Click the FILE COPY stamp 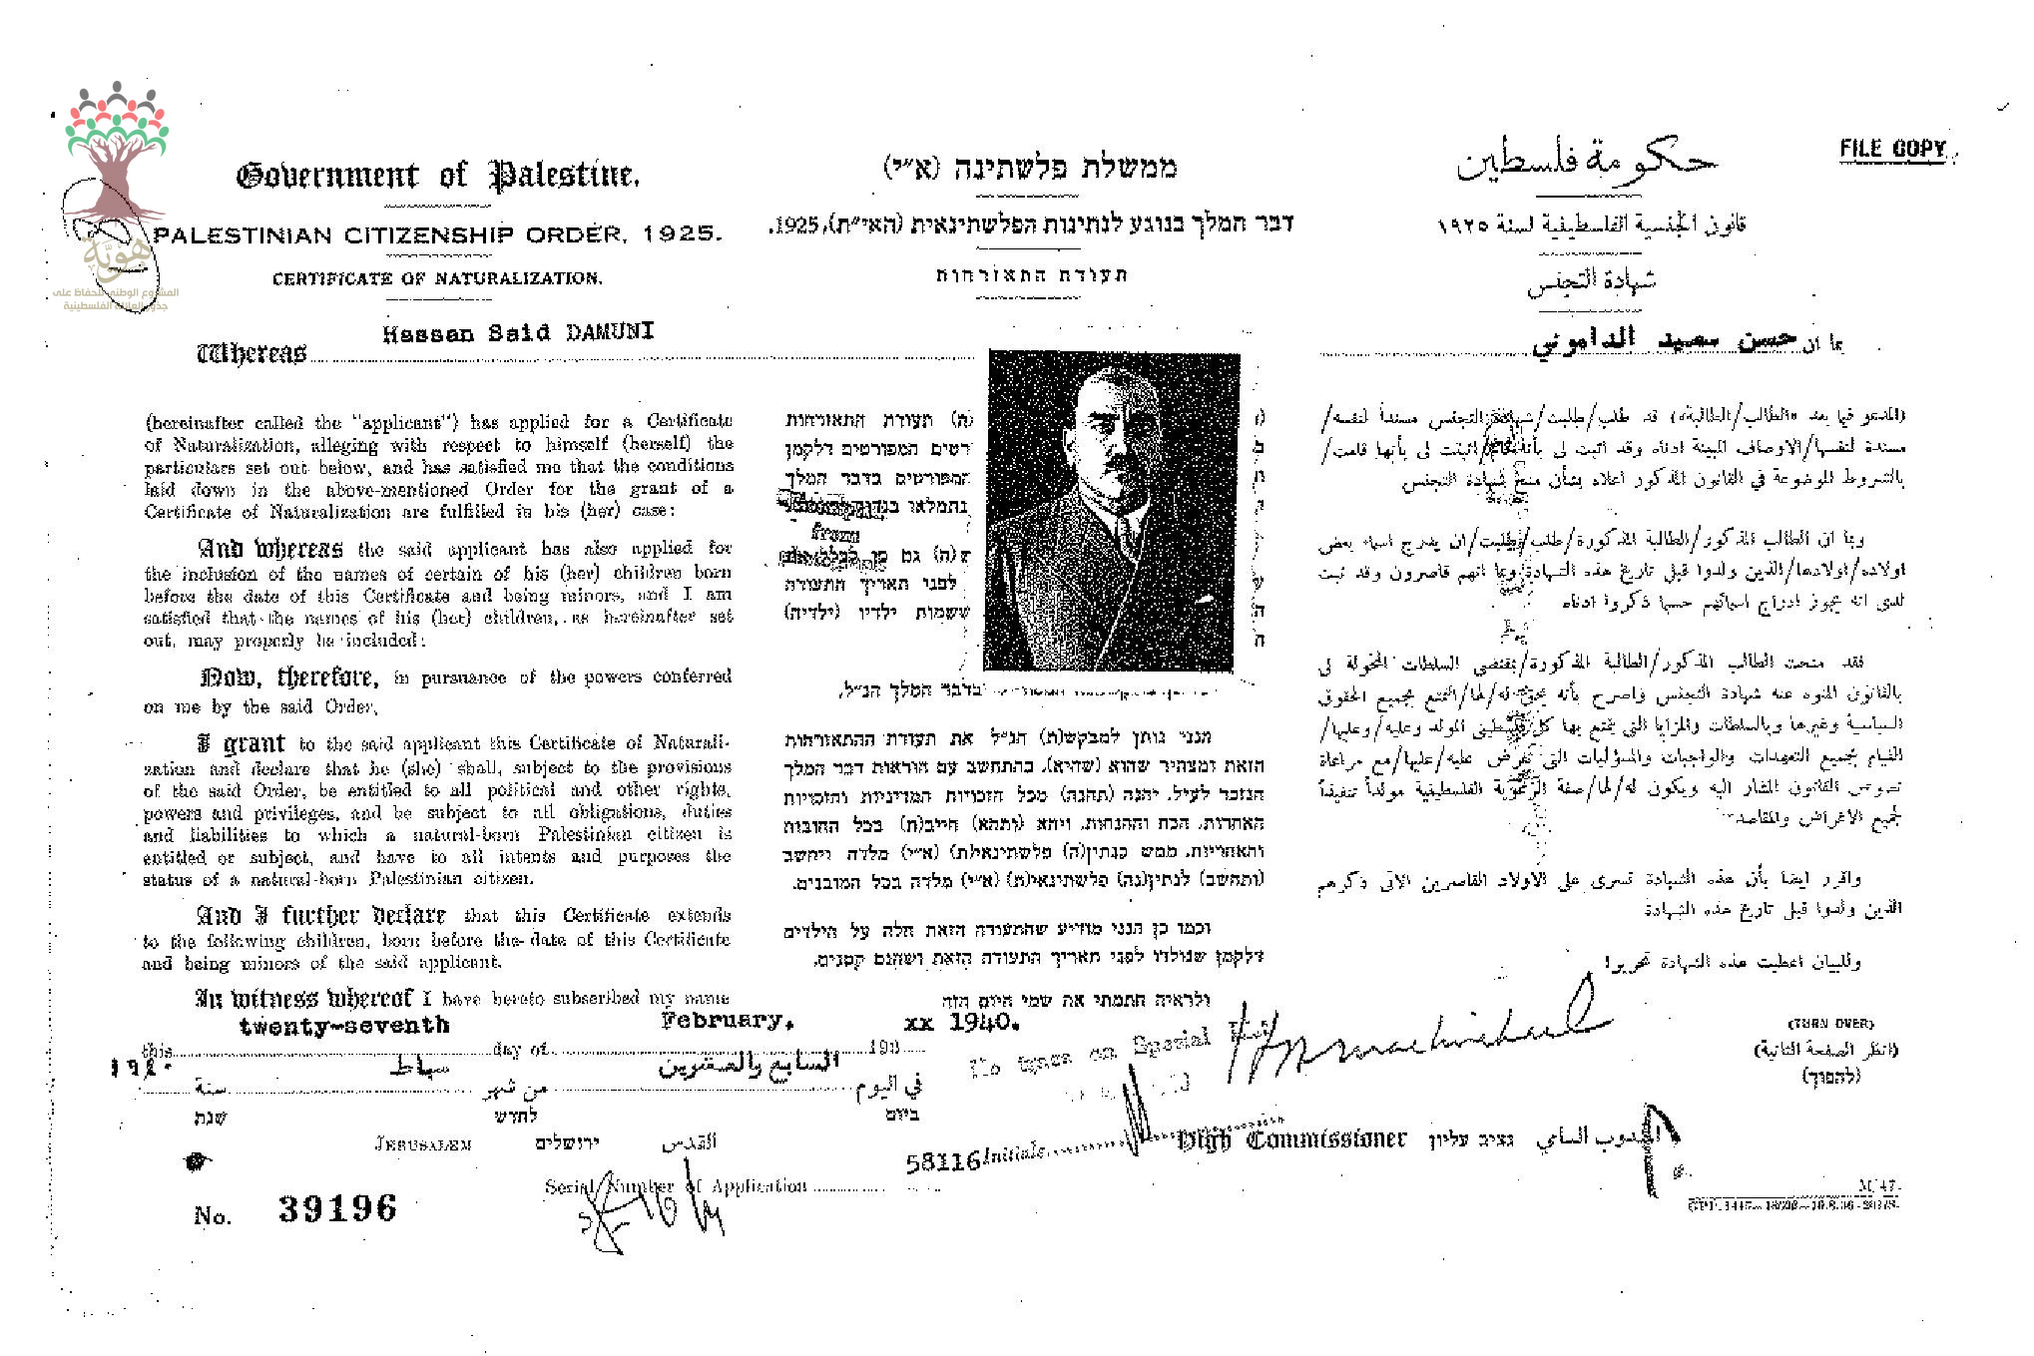(x=1893, y=150)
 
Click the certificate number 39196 (x=337, y=1208)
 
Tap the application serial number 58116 (x=943, y=1161)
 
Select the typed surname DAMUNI (x=610, y=332)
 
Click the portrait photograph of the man (x=1111, y=510)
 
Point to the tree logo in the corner (x=117, y=150)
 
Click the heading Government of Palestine (x=437, y=177)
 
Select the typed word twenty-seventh (x=344, y=1026)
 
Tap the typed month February (x=727, y=1020)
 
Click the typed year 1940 (x=984, y=1023)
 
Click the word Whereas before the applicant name (x=252, y=354)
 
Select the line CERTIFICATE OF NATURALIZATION (x=437, y=278)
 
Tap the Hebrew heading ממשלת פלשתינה (x=1031, y=168)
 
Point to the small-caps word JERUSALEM (x=423, y=1144)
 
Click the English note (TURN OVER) (x=1830, y=1024)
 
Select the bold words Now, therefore (x=289, y=678)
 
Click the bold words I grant (x=242, y=744)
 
